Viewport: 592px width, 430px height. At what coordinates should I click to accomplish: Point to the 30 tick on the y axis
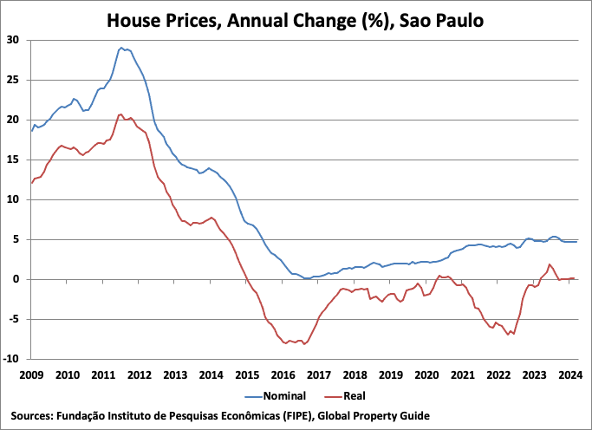click(14, 40)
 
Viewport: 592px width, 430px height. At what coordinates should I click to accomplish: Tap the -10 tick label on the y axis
click(12, 359)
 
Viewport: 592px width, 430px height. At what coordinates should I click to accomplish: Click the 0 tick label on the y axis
click(17, 279)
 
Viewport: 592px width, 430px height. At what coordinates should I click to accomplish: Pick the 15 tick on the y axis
click(14, 160)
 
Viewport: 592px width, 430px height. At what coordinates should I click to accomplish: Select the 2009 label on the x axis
click(31, 375)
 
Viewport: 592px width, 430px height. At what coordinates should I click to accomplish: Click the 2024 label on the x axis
click(569, 375)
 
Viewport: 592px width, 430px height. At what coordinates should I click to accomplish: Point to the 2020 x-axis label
click(426, 375)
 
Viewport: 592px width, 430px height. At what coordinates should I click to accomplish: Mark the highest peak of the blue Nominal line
click(121, 48)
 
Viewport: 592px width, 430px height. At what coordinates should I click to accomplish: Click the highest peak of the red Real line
click(121, 114)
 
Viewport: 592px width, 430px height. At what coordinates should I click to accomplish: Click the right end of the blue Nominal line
click(576, 242)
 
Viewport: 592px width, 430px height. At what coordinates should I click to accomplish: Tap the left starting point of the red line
click(31, 183)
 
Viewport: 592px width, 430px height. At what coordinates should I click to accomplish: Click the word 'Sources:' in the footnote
click(32, 415)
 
